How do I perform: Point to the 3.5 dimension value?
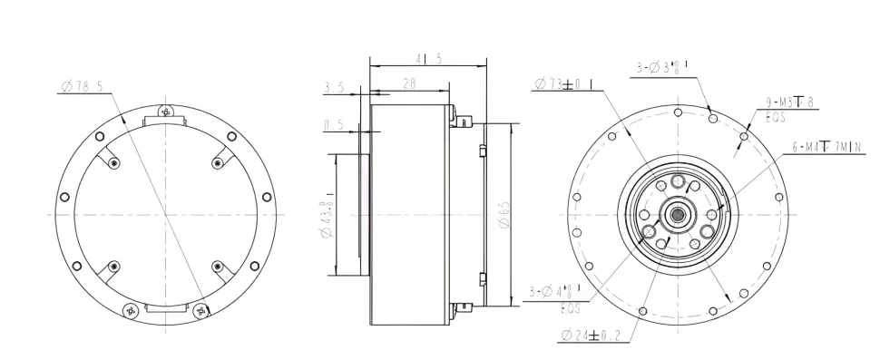333,88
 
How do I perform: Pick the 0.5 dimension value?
333,125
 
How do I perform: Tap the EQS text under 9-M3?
775,116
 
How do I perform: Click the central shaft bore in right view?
678,214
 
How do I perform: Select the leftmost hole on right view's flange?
575,199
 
